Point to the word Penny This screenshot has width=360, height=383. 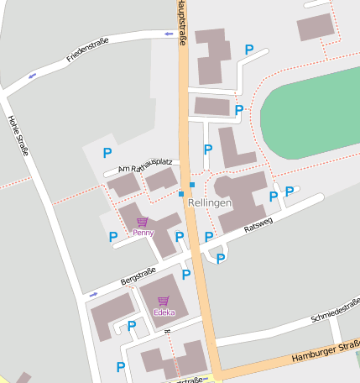coord(143,232)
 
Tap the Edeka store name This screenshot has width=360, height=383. coord(164,312)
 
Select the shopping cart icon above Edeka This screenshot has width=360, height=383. coord(163,301)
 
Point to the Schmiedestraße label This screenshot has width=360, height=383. coord(334,311)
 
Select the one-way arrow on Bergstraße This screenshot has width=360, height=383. coord(92,294)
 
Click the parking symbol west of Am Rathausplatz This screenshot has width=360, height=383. coord(107,153)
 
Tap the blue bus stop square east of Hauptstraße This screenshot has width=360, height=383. coord(192,185)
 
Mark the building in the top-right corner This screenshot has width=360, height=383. coord(315,28)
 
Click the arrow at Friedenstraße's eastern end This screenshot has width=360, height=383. coord(169,34)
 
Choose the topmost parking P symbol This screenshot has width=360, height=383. coord(248,50)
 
